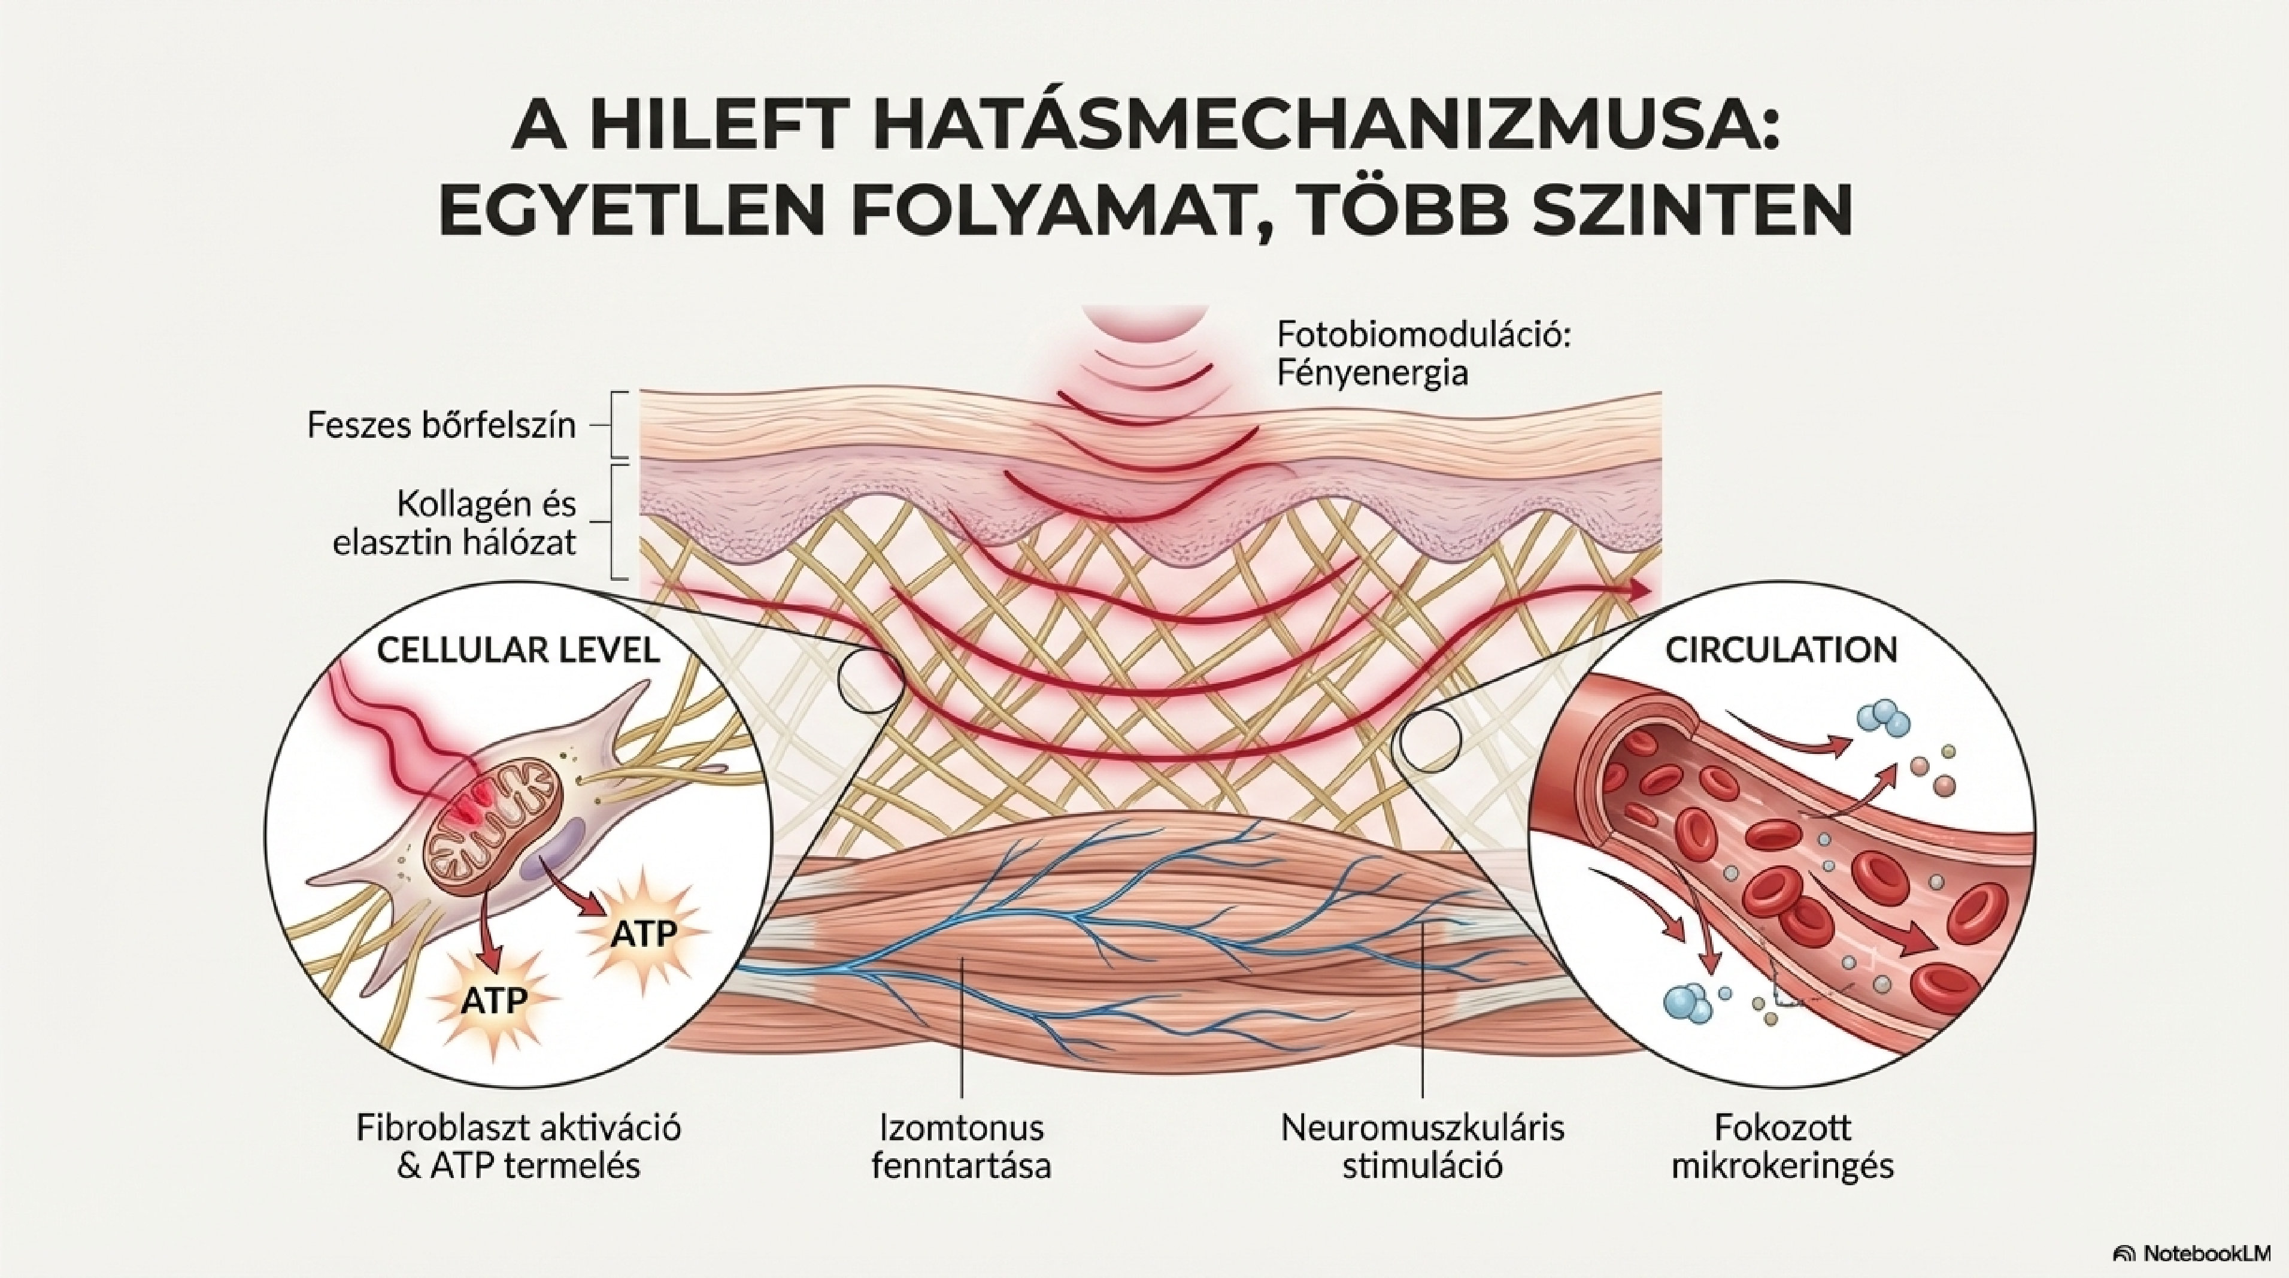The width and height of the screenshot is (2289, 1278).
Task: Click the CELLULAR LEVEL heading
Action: click(518, 650)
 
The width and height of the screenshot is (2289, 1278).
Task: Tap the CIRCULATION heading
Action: click(1781, 650)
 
